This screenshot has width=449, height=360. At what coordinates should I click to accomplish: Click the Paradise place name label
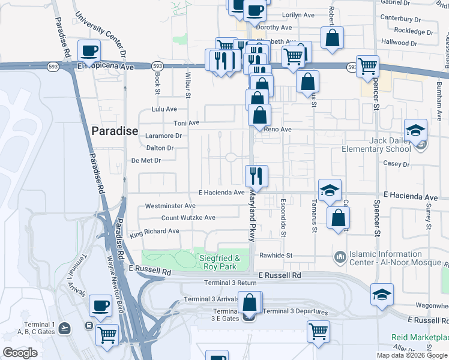[x=115, y=131]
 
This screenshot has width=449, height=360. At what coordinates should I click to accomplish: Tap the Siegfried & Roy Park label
[x=220, y=262]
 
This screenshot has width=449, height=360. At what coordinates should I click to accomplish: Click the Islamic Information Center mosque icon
[x=340, y=257]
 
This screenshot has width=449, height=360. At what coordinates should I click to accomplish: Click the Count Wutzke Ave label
[x=188, y=218]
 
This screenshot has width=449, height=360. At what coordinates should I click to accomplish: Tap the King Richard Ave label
[x=154, y=231]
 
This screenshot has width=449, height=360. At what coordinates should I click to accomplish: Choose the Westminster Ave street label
[x=170, y=206]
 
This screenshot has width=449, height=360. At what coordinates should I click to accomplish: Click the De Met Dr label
[x=146, y=160]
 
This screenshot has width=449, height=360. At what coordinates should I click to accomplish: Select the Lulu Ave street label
[x=164, y=109]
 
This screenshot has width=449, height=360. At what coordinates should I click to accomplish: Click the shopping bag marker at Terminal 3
[x=250, y=304]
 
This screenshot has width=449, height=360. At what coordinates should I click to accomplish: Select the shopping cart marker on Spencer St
[x=367, y=67]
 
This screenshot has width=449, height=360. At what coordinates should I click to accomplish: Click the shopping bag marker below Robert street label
[x=332, y=38]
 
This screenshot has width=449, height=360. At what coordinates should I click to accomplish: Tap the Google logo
[x=19, y=353]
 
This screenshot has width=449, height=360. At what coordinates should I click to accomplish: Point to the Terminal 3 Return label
[x=230, y=283]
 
